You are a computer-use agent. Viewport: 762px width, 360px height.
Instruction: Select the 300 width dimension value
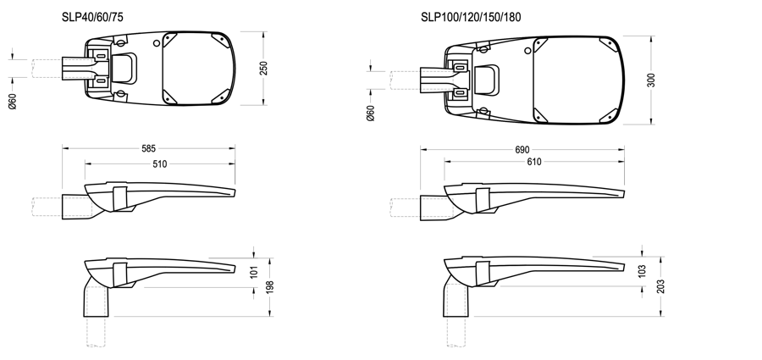[649, 80]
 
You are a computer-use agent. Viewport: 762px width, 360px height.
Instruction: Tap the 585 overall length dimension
[149, 148]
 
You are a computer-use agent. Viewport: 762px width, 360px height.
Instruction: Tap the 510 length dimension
[160, 163]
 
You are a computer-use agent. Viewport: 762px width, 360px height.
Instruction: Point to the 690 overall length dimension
[522, 149]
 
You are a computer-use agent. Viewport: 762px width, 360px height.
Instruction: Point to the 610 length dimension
[533, 162]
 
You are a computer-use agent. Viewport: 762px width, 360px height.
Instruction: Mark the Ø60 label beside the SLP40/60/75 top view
[12, 101]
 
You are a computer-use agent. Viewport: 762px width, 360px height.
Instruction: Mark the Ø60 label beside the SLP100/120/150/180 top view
[370, 113]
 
